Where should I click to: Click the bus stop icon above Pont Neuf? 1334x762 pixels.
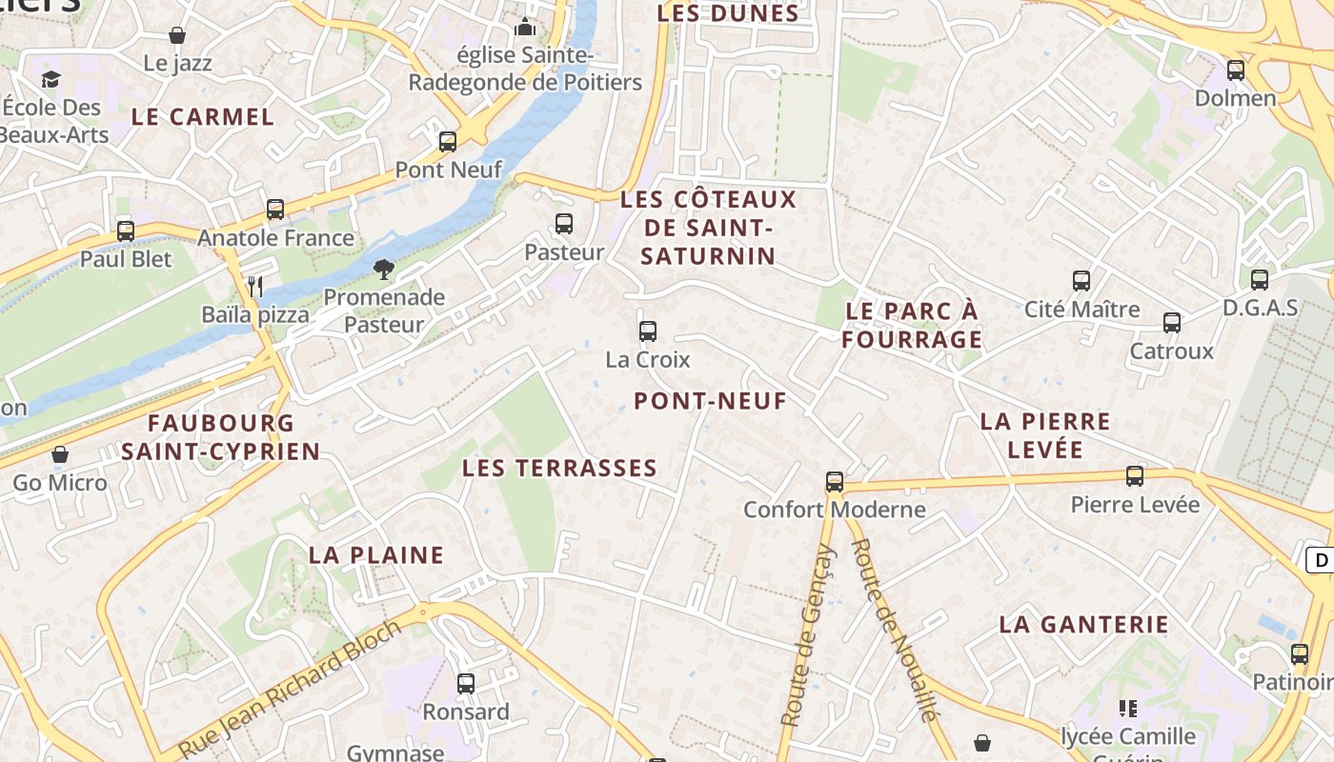tap(448, 142)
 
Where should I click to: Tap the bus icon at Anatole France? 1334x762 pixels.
tap(275, 209)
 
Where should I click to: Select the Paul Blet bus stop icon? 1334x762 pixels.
tap(126, 231)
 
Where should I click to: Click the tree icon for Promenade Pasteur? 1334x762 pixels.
tap(384, 270)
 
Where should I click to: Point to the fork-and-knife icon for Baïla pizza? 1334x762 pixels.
tap(254, 286)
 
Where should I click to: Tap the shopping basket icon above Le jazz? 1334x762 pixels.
tap(177, 35)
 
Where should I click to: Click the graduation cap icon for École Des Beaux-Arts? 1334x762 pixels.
tap(51, 79)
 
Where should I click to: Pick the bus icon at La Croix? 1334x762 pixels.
tap(648, 331)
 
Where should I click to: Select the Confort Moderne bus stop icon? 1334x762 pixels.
tap(835, 481)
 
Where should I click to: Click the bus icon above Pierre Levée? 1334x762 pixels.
tap(1135, 475)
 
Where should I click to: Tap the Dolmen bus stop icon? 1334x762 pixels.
tap(1236, 70)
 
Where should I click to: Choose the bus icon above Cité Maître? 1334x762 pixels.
tap(1081, 281)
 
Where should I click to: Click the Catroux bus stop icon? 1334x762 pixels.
tap(1172, 323)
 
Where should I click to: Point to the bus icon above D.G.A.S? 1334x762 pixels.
tap(1260, 279)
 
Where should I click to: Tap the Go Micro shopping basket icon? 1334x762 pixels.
tap(60, 454)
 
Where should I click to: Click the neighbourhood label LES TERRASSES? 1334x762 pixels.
tap(559, 468)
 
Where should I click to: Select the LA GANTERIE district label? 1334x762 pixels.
tap(1083, 625)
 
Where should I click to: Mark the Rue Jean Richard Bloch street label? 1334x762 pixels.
tap(290, 690)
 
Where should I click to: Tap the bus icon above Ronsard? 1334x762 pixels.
tap(466, 683)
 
